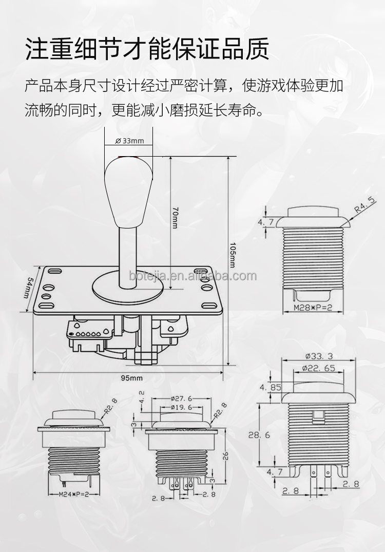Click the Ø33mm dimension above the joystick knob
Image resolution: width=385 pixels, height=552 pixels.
pos(130,141)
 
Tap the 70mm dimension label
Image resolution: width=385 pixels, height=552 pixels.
pos(175,218)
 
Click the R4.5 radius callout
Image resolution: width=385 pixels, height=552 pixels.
pos(365,204)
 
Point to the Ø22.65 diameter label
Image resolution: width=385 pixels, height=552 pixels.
pos(319,368)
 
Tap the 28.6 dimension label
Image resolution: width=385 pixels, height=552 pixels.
pos(260,435)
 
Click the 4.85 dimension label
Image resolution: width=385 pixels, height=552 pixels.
pos(271,388)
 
